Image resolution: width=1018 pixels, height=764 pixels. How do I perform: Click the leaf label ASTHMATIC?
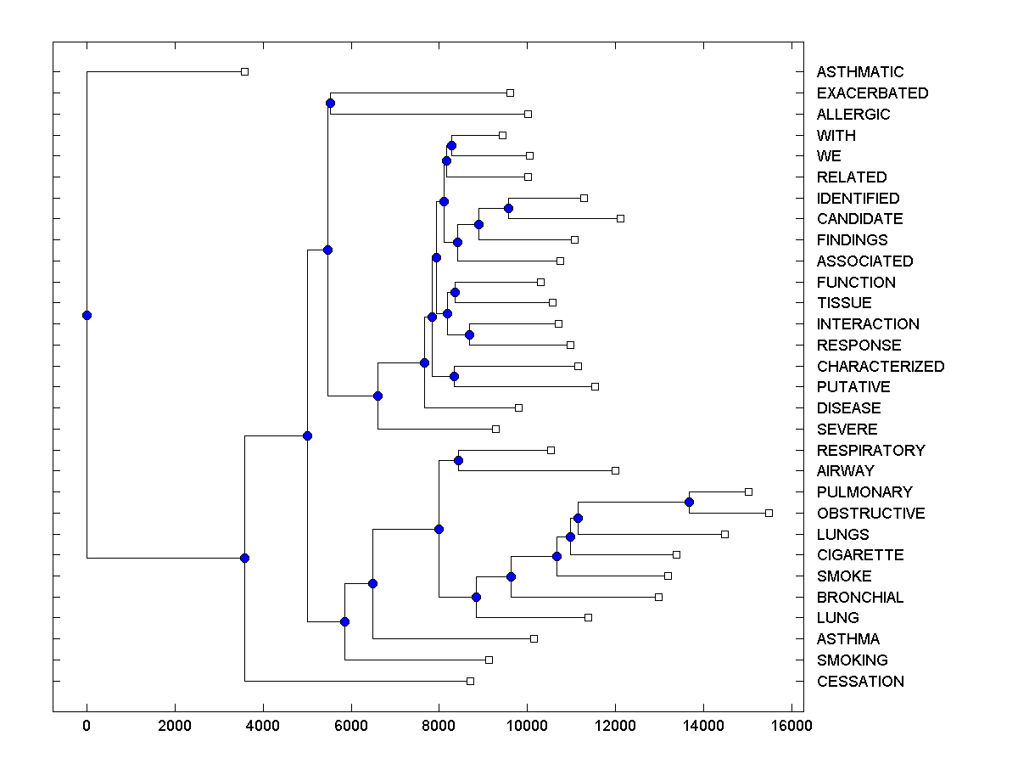tap(860, 72)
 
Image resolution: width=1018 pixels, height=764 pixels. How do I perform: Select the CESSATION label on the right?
tap(860, 682)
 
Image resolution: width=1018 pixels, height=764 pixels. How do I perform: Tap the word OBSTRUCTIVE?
tap(870, 514)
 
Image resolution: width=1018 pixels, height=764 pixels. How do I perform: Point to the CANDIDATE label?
tap(859, 219)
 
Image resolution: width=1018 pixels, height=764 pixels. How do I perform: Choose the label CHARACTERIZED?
tap(880, 367)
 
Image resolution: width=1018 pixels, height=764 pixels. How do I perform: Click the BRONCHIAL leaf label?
tap(860, 598)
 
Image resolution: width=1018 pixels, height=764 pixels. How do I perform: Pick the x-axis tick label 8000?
tap(439, 726)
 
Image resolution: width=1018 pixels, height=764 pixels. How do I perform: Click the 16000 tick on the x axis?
tap(791, 726)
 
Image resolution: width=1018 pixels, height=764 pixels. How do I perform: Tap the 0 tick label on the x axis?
tap(87, 726)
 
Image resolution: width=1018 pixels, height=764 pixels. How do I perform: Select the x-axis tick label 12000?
tap(615, 726)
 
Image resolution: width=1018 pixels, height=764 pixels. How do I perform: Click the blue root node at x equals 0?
tap(87, 315)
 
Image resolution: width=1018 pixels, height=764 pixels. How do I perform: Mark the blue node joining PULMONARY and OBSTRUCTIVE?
tap(689, 503)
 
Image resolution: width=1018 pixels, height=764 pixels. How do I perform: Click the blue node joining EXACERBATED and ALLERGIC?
tap(330, 104)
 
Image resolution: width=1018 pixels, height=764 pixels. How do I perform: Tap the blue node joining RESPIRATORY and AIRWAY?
tap(458, 460)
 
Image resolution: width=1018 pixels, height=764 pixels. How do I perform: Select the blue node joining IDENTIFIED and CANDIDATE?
tap(508, 208)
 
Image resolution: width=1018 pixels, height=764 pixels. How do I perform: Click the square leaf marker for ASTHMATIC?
tap(244, 71)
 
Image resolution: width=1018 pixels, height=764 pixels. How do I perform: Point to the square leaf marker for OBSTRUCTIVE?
tap(769, 513)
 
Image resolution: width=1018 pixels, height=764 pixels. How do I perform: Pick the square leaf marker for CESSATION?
tap(470, 681)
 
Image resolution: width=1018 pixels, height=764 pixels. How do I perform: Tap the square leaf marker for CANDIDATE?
tap(620, 218)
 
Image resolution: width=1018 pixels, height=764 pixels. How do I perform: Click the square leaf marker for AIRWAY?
tap(615, 470)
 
